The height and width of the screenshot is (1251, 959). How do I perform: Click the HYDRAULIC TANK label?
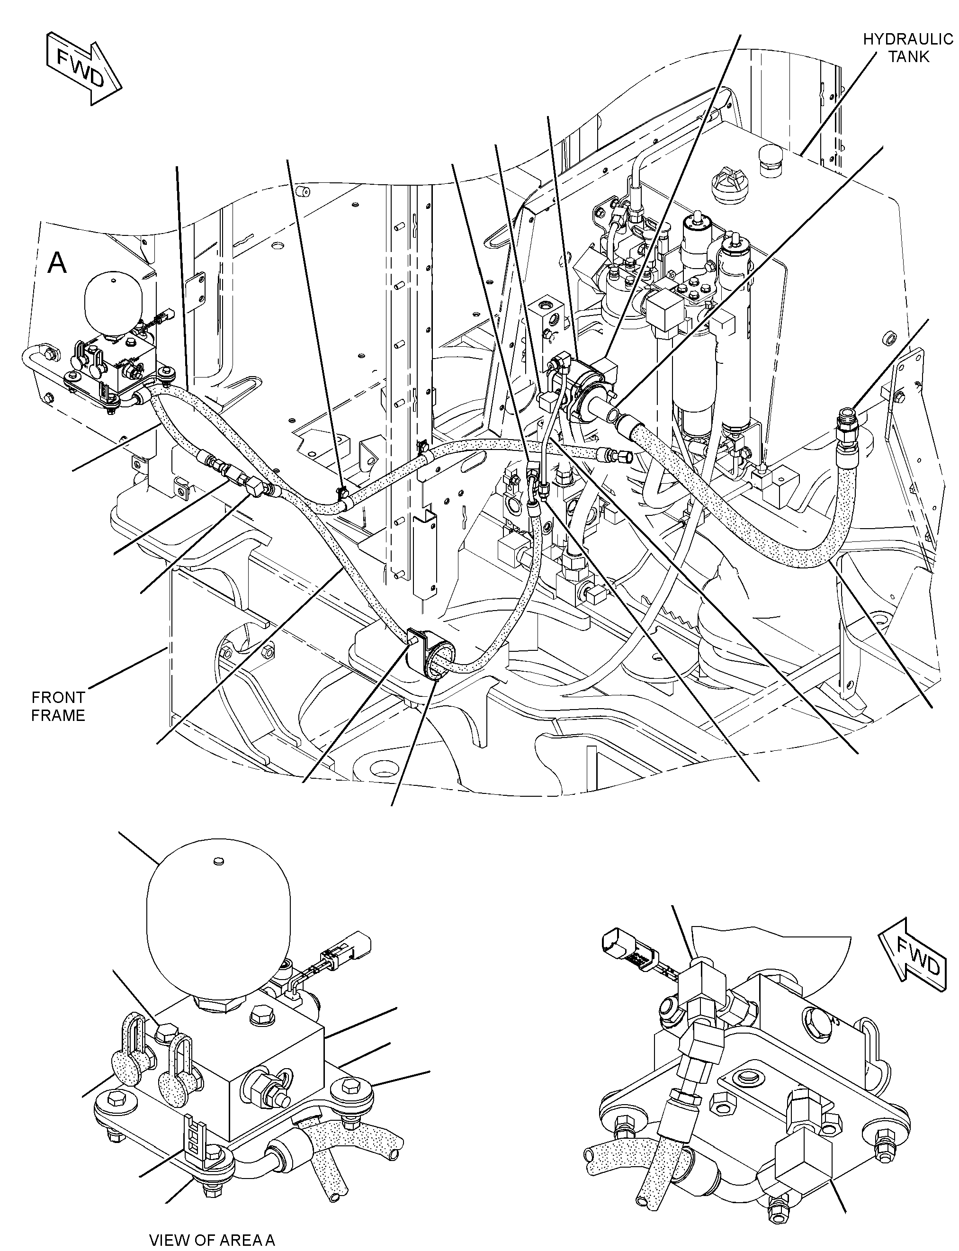(x=907, y=47)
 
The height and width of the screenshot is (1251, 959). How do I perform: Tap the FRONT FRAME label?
(x=58, y=706)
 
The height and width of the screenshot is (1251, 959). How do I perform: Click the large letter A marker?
(x=57, y=264)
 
